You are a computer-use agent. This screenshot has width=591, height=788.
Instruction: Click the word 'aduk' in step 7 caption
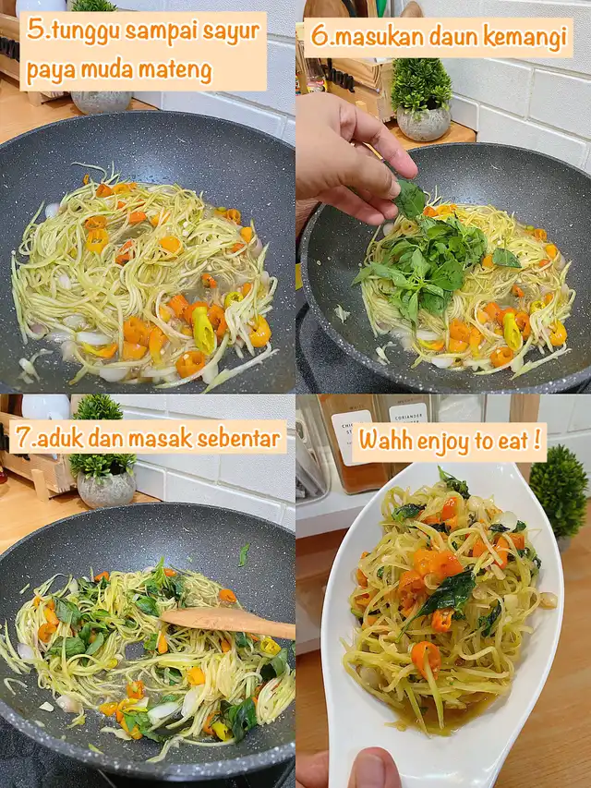pos(60,438)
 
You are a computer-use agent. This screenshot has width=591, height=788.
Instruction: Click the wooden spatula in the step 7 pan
pos(228,624)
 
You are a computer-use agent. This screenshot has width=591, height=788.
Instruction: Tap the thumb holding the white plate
pos(373,769)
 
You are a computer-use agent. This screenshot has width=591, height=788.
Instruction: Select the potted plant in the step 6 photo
pos(421,100)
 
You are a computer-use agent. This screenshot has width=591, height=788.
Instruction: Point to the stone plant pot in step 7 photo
pos(106,489)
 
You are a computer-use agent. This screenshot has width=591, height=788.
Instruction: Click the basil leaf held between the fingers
pos(410,199)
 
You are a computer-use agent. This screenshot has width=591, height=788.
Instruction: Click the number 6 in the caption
pos(318,36)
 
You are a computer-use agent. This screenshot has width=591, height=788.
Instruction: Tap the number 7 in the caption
pos(23,438)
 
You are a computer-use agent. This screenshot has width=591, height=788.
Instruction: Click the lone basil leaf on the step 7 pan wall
pos(244,554)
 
